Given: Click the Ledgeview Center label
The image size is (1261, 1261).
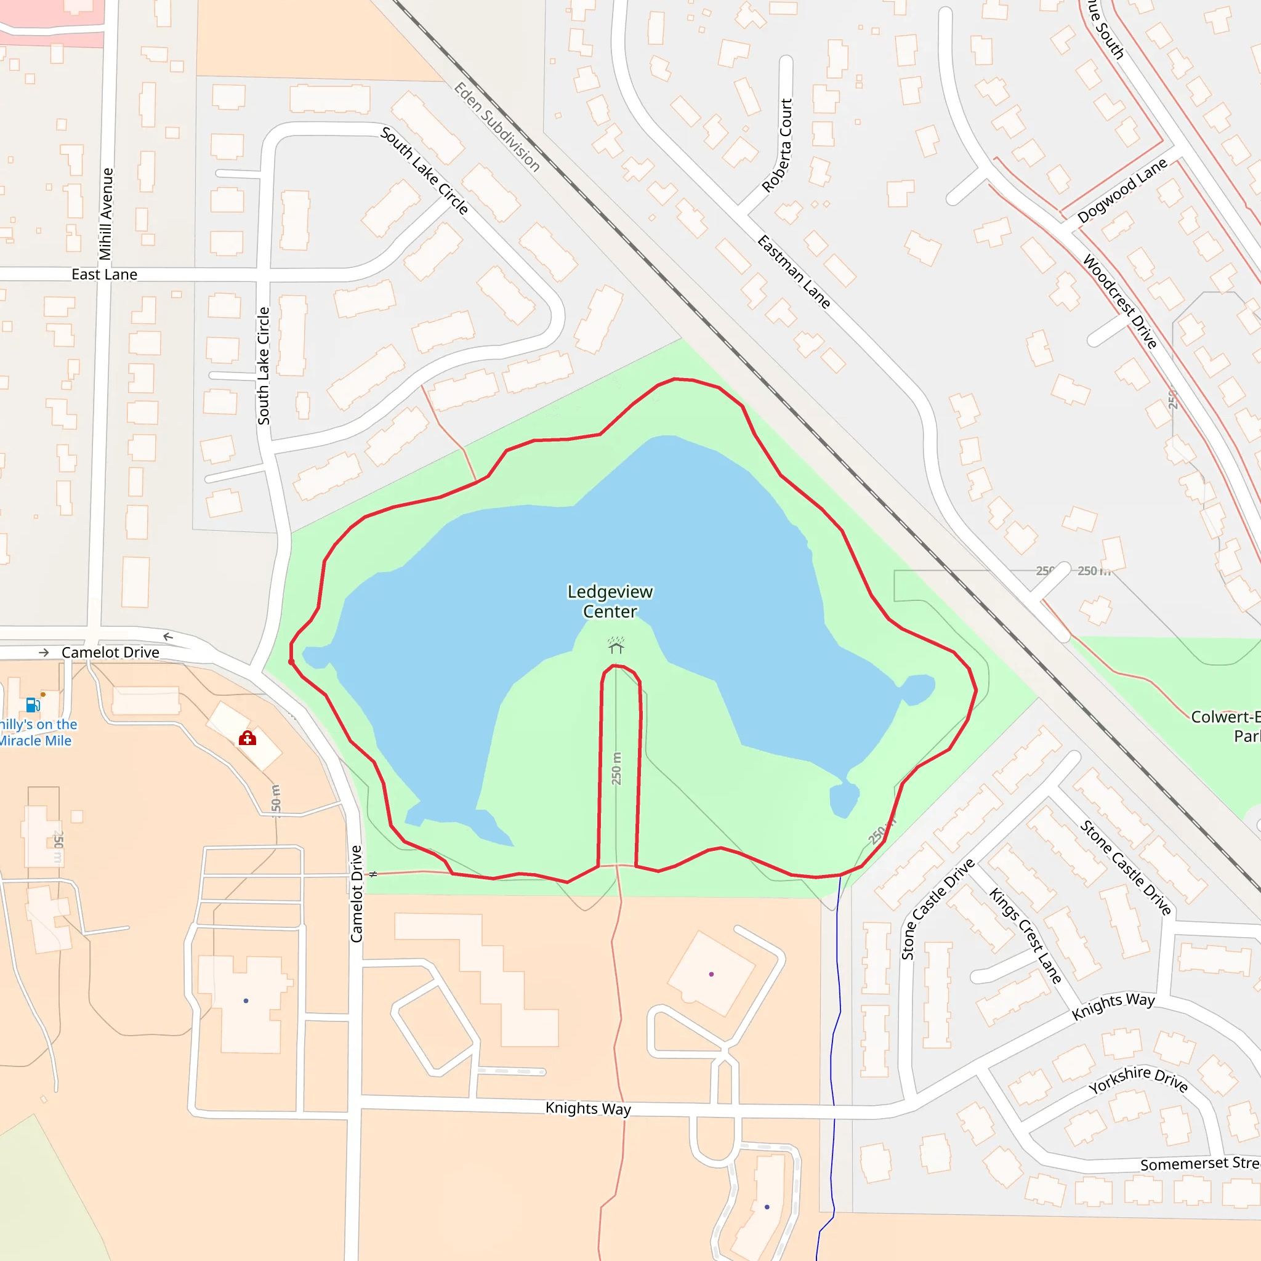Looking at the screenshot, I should coord(610,601).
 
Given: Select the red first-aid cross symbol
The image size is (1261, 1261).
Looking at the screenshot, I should coord(248,738).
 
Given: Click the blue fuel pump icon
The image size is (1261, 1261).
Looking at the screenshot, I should coord(33,705).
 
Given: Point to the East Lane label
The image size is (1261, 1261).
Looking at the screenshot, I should coord(105,274).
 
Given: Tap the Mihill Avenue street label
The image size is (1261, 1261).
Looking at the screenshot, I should coord(106,214).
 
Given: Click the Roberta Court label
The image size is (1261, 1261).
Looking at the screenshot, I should coord(778,145).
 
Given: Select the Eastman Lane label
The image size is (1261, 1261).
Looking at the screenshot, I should coord(794,272).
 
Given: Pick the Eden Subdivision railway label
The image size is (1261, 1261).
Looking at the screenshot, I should coord(498,127).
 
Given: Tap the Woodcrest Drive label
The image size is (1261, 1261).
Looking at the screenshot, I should coord(1120,301).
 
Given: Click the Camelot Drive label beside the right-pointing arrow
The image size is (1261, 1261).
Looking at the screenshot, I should coord(110,653).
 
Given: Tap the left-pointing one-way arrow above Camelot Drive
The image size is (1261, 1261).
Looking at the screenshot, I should coord(168,637).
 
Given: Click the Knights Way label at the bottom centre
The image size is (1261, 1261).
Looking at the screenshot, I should coord(588,1108).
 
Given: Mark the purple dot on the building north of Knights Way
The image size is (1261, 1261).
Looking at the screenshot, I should coord(711,975).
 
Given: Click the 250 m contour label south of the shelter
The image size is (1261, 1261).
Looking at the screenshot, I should coord(616,768).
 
